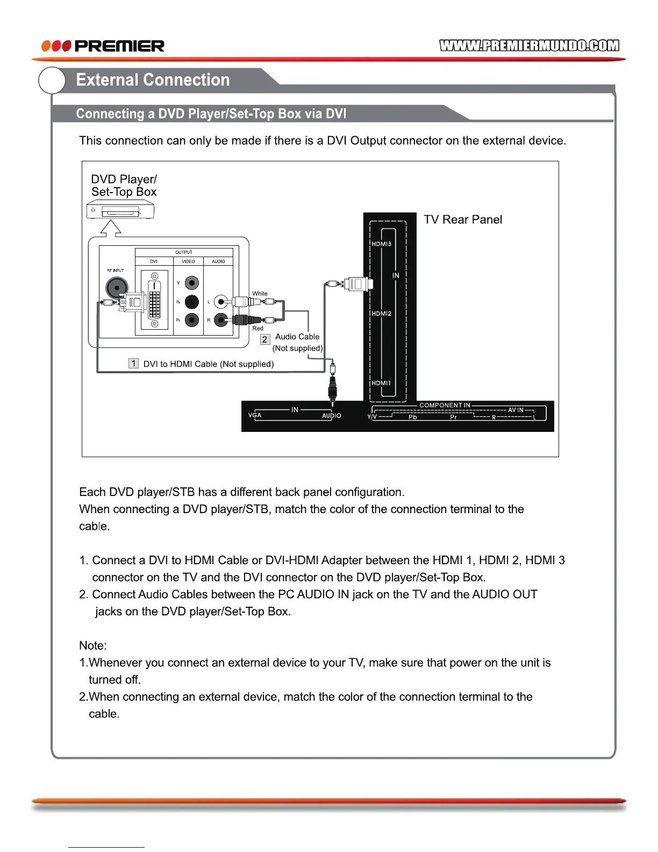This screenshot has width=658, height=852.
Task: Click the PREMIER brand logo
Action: coord(103,46)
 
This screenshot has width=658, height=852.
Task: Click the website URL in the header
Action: coord(529,46)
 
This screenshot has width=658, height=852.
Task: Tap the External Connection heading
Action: coord(153,80)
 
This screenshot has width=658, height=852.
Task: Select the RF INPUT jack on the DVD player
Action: coord(117,287)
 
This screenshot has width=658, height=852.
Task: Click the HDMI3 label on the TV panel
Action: coord(382,244)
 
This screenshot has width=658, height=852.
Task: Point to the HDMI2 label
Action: coord(382,314)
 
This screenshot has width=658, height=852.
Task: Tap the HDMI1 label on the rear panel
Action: coord(382,383)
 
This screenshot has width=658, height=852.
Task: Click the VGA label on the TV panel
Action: coord(255,415)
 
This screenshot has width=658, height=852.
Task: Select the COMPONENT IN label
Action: coord(445,406)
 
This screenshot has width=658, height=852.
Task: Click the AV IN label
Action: coord(516,410)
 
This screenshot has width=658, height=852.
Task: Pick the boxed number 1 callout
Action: coord(134,364)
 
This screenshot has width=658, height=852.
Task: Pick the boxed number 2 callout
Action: coord(264,339)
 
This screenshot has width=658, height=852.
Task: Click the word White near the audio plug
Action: coord(260,294)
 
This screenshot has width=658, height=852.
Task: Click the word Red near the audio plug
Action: coord(258,328)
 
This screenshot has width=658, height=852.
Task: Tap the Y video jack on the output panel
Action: coord(192,283)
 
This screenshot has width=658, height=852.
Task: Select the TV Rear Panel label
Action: coord(463,219)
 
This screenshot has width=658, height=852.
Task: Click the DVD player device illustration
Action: coord(120,210)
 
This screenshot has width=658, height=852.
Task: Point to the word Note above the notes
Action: coord(93,645)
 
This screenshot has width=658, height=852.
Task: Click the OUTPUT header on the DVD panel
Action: coord(183,252)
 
